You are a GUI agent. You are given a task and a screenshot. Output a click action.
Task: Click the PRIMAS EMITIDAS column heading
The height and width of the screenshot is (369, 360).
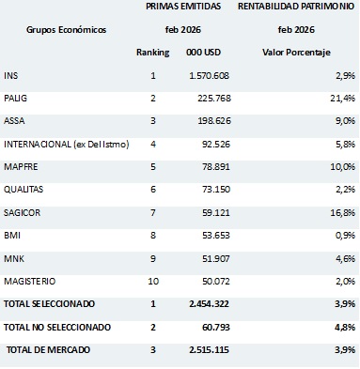188,8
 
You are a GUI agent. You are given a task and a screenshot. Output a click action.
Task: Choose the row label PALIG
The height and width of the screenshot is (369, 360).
16,98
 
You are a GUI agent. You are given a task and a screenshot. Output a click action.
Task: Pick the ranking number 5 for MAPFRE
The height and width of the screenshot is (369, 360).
152,166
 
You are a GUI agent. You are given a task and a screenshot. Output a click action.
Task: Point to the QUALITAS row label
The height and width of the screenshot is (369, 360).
24,189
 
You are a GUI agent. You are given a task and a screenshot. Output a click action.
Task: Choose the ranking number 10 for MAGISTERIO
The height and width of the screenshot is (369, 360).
152,280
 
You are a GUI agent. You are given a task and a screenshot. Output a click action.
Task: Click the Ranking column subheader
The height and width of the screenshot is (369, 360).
152,52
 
